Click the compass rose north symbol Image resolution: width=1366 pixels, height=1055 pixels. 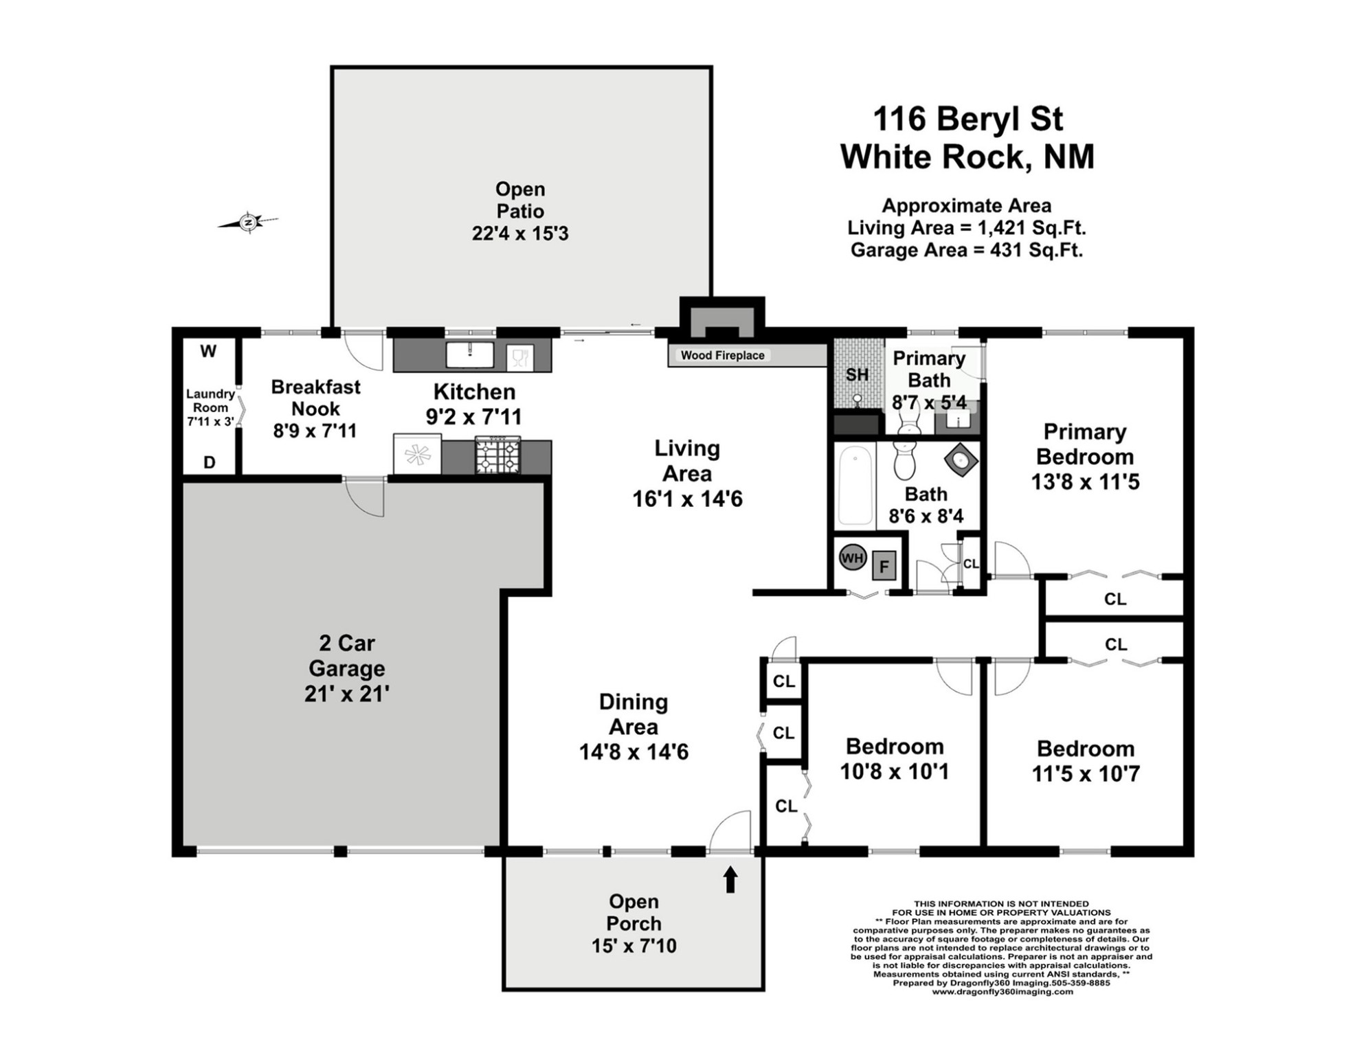pyautogui.click(x=248, y=222)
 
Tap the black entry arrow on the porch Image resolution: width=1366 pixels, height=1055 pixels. pyautogui.click(x=730, y=879)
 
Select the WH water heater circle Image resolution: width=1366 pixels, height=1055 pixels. pyautogui.click(x=852, y=558)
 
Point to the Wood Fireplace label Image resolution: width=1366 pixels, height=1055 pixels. pyautogui.click(x=722, y=355)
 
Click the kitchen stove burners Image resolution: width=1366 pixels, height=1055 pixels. pyautogui.click(x=497, y=455)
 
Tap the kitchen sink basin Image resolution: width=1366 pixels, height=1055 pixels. pyautogui.click(x=470, y=354)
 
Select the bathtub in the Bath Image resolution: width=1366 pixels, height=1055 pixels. pyautogui.click(x=855, y=486)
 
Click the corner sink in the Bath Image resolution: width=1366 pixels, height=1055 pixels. pyautogui.click(x=961, y=460)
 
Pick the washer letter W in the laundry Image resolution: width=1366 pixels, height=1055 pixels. pyautogui.click(x=208, y=352)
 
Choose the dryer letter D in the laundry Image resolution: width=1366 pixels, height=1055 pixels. pyautogui.click(x=210, y=462)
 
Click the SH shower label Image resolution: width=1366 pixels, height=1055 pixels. pyautogui.click(x=857, y=375)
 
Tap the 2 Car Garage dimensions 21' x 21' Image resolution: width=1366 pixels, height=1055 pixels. pyautogui.click(x=347, y=694)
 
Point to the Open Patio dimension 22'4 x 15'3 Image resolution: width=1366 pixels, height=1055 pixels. pyautogui.click(x=520, y=234)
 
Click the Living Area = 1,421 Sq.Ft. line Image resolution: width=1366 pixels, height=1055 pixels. pyautogui.click(x=966, y=227)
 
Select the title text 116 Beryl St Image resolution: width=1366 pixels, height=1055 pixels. pyautogui.click(x=967, y=119)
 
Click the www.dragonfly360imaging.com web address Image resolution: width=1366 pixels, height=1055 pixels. pyautogui.click(x=1003, y=991)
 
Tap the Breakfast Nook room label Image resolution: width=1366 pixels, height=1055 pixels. pyautogui.click(x=315, y=398)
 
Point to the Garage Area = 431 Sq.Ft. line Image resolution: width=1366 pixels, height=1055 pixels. pyautogui.click(x=966, y=250)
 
